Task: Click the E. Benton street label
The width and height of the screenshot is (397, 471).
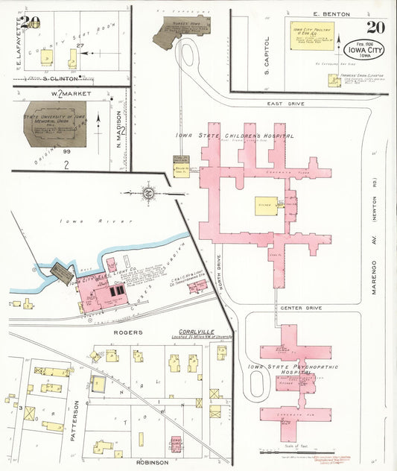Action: [x=326, y=14]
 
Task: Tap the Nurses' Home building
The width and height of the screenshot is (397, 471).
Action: [x=177, y=31]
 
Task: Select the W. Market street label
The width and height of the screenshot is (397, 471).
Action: [x=66, y=94]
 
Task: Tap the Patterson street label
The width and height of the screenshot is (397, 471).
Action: [x=75, y=418]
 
